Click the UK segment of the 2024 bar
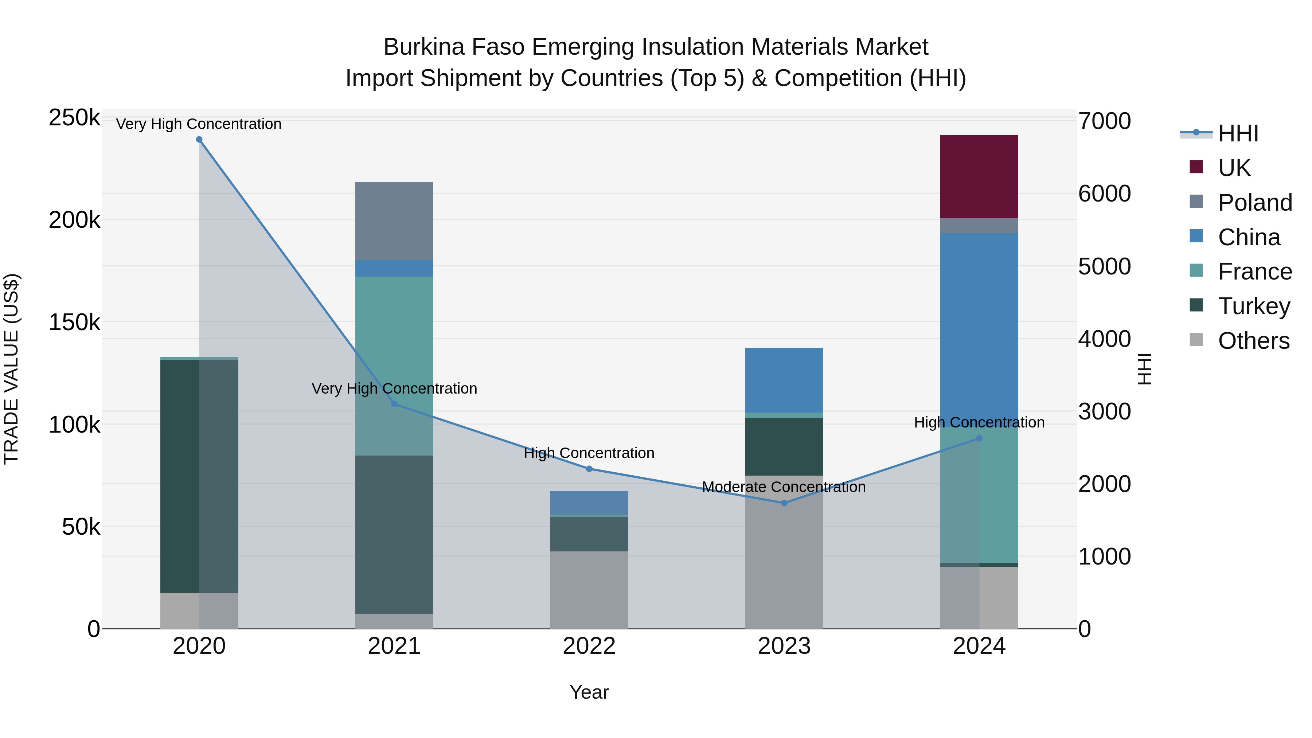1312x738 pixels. [979, 176]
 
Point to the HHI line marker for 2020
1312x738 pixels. [199, 140]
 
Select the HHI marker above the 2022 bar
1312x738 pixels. [589, 469]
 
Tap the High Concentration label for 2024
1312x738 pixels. [979, 422]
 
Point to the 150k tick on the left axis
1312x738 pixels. [74, 323]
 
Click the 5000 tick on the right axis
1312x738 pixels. [1104, 266]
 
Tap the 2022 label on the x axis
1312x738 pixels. [589, 646]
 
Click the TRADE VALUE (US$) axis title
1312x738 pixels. [11, 369]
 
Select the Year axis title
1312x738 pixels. [589, 692]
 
